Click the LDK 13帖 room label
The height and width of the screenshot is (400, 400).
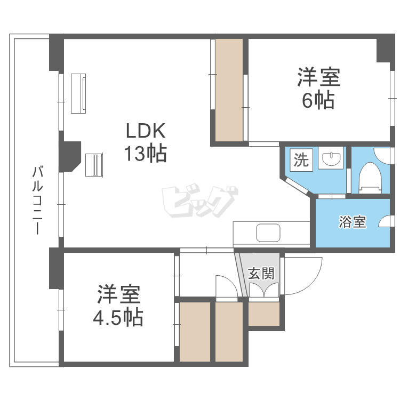pos(146,142)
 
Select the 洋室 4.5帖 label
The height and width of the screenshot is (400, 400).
pos(118,307)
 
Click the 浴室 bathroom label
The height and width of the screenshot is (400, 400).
pos(353,222)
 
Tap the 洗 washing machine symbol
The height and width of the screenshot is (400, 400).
pos(301,160)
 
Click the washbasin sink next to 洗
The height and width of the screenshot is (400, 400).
pos(331,159)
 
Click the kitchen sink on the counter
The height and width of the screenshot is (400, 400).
pos(268,233)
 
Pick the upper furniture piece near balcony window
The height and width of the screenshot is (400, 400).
pos(79,93)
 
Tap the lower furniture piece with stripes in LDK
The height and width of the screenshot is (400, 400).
pos(94,164)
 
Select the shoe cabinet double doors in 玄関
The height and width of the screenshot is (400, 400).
pos(264,291)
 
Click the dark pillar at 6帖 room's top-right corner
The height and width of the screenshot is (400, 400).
pos(385,50)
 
